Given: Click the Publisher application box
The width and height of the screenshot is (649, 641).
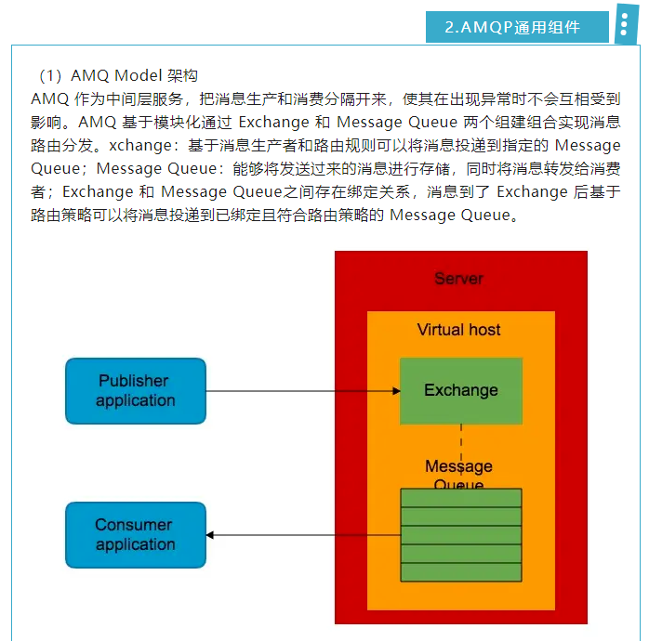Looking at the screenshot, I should [136, 391].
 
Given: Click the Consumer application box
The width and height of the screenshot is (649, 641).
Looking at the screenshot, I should [136, 535].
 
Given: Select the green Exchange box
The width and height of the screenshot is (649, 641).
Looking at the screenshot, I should [461, 391].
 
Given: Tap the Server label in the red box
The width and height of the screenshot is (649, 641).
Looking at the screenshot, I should [459, 279].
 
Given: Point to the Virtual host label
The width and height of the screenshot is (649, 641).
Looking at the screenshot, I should [459, 330].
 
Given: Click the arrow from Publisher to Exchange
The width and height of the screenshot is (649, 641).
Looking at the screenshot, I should [298, 391].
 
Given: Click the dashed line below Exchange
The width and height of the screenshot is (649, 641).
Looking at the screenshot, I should [461, 441].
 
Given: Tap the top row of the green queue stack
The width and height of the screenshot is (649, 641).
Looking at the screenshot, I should [461, 498].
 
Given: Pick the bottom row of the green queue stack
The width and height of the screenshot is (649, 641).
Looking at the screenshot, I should [461, 572].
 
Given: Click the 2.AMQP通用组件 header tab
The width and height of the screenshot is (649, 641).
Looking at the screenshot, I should [517, 27].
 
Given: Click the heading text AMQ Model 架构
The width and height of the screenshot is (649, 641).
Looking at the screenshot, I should [134, 76].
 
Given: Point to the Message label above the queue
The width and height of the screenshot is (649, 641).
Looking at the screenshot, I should [459, 466].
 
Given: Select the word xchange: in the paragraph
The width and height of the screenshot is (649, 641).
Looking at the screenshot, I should [145, 145].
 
